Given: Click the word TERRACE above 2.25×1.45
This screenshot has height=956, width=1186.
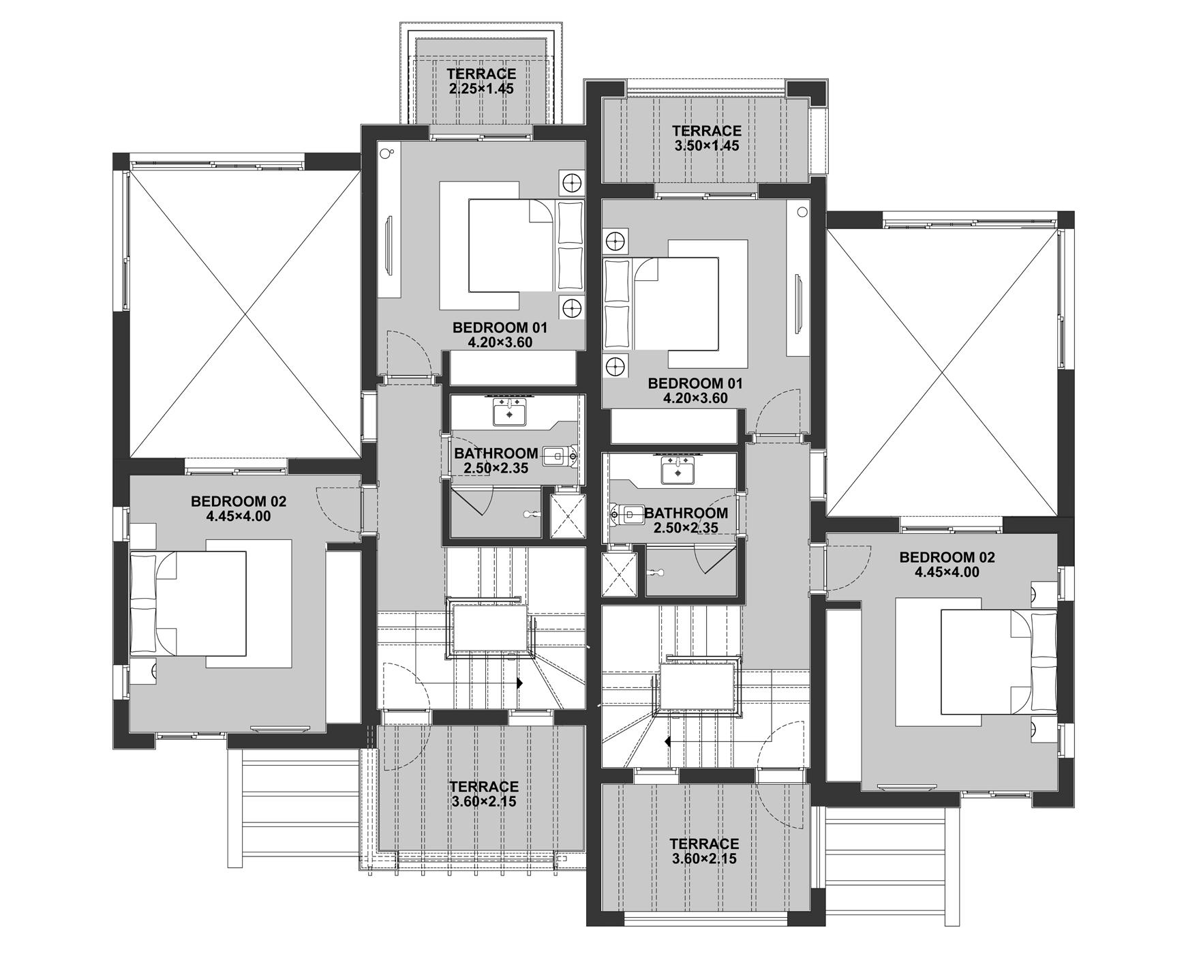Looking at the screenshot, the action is tap(481, 74).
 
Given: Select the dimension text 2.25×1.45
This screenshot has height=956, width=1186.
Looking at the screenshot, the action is tap(481, 89).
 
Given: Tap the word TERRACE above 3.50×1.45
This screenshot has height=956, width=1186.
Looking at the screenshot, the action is tap(706, 131).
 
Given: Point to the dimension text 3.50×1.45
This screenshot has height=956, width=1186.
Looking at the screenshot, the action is tap(706, 146).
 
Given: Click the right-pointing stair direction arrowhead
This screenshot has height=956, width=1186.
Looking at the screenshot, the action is tap(519, 683).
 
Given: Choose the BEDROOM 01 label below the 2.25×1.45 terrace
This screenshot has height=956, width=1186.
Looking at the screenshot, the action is tap(500, 328).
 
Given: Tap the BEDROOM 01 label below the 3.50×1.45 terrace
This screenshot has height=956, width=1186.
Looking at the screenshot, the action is tap(695, 383).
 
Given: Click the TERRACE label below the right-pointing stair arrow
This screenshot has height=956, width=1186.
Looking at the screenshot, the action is tap(484, 787).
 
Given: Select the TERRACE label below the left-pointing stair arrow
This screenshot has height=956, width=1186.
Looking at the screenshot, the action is tap(704, 844).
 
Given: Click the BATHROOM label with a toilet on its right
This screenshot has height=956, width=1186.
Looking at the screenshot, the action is tap(496, 453).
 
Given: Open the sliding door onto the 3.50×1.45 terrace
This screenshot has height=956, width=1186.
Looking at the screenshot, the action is tap(706, 195).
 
